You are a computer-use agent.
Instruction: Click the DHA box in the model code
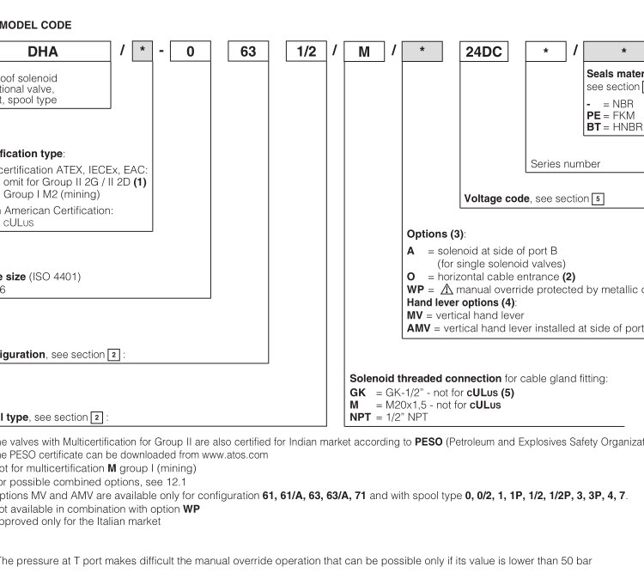43,52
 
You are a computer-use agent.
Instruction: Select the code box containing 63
248,52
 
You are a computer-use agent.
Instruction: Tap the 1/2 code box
307,52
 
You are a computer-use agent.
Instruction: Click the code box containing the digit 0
191,52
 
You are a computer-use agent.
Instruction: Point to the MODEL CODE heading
36,26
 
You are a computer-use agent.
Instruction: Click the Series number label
565,163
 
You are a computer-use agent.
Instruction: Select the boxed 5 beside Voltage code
598,199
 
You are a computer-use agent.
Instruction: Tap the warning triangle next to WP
446,289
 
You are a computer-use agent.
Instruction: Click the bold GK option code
358,392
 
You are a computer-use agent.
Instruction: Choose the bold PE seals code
593,114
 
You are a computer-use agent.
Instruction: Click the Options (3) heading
435,234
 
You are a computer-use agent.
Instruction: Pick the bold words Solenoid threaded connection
425,378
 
